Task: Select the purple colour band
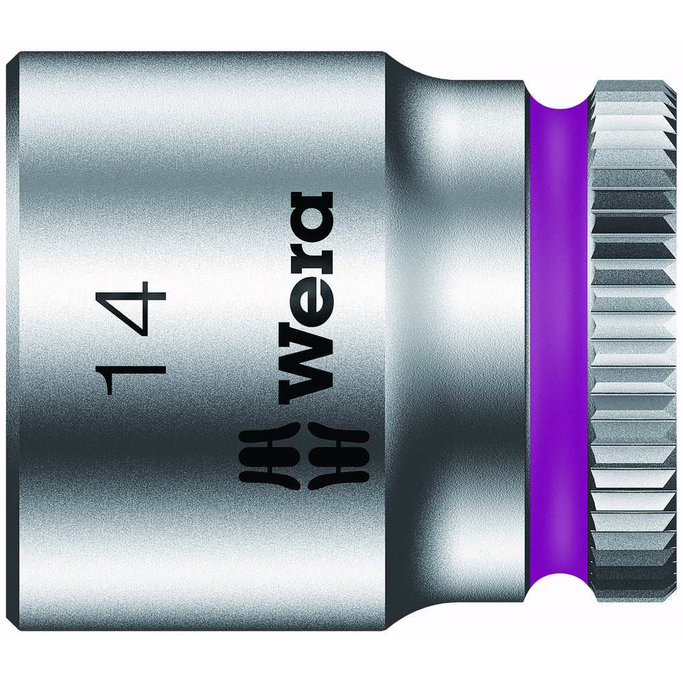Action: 557,341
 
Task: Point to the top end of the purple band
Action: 557,96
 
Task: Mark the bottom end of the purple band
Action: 557,587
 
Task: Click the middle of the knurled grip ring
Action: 632,341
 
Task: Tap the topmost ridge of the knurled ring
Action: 632,87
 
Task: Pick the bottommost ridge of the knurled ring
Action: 632,596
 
